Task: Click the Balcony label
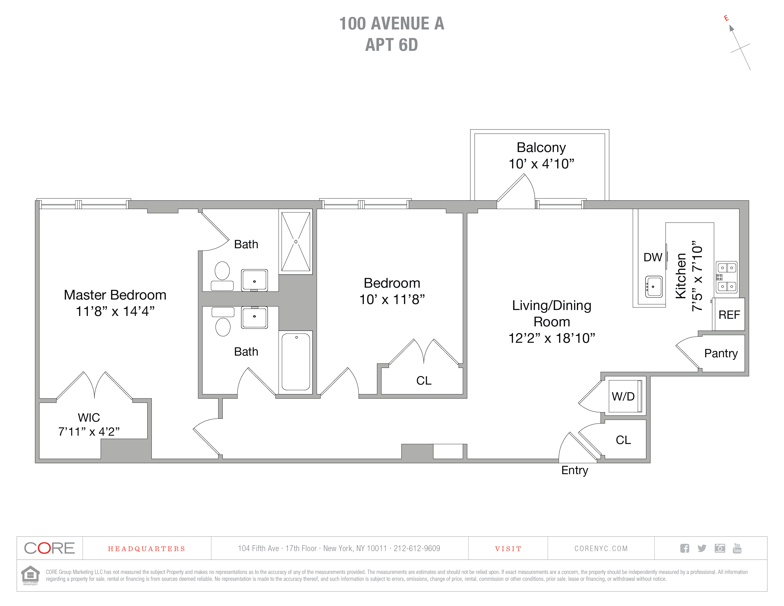click(541, 148)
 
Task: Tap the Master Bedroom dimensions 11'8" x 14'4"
click(115, 311)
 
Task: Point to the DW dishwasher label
click(653, 258)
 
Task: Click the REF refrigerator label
click(729, 315)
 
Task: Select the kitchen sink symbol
click(654, 286)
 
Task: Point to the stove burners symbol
click(727, 277)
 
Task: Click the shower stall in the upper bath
click(296, 242)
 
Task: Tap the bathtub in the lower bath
click(296, 362)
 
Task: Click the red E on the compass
click(726, 18)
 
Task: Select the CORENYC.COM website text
click(601, 549)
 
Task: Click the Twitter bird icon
click(702, 548)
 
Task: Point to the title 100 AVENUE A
click(392, 24)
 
